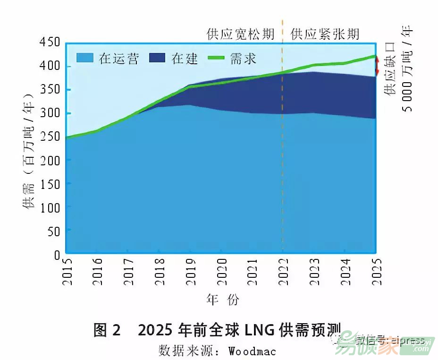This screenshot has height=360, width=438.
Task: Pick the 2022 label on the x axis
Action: click(283, 272)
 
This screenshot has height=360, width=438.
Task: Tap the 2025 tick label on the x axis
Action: click(376, 272)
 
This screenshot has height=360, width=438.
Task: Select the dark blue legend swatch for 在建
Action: click(158, 58)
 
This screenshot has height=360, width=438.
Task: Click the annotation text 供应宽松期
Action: click(240, 34)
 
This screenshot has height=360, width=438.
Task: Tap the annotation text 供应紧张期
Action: click(325, 34)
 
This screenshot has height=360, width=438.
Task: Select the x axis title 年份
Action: click(223, 300)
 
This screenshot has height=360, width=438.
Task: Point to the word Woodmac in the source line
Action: click(252, 351)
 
